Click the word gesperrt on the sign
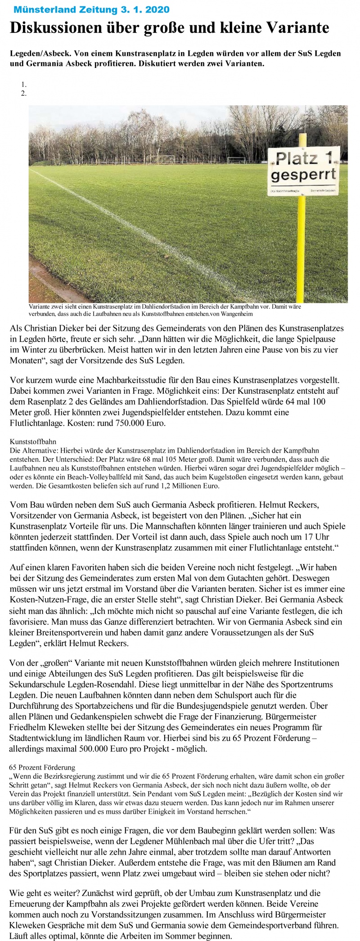pyautogui.click(x=304, y=174)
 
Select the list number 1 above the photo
pyautogui.click(x=23, y=84)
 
